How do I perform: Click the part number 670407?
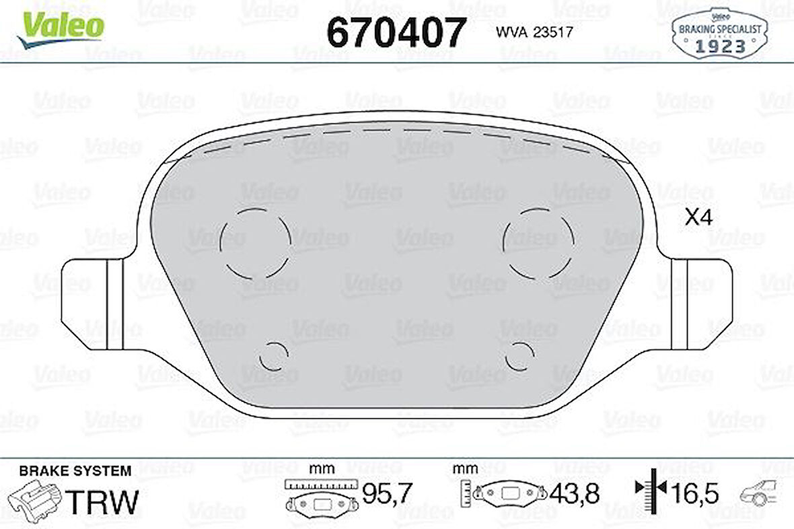(x=396, y=32)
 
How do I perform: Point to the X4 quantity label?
(x=698, y=217)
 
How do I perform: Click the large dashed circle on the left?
(x=256, y=242)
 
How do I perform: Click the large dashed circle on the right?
(x=538, y=242)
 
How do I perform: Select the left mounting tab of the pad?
(x=91, y=304)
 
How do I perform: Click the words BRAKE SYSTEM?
(x=75, y=471)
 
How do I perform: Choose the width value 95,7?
(x=386, y=495)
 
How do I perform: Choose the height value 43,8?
(x=574, y=495)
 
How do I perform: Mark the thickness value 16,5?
(x=694, y=494)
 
